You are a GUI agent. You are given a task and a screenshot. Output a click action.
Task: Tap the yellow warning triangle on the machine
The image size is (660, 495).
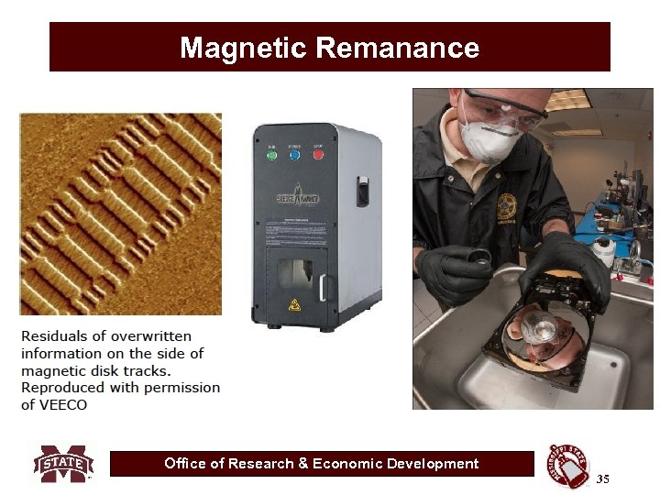(x=295, y=303)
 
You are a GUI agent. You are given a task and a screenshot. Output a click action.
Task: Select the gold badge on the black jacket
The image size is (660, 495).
(x=506, y=205)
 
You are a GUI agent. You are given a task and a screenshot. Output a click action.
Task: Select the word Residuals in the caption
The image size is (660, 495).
(x=56, y=335)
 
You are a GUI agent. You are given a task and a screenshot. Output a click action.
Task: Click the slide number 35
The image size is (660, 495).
(x=602, y=479)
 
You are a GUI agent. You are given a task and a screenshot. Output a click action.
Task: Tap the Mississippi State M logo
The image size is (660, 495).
(x=63, y=464)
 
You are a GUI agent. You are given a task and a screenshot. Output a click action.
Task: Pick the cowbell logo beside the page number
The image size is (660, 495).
(x=569, y=466)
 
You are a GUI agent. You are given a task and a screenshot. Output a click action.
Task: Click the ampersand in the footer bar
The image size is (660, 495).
(x=302, y=464)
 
